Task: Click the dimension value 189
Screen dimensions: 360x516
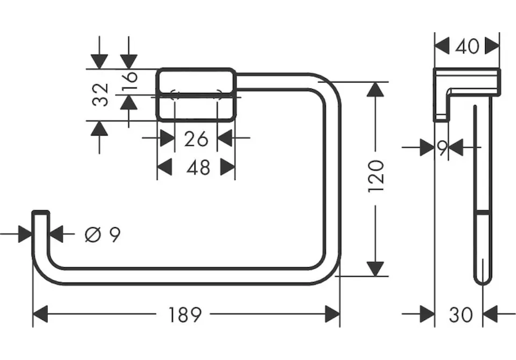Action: tap(185, 315)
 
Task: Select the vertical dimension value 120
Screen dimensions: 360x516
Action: tap(376, 175)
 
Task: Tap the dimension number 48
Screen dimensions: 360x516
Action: tap(198, 168)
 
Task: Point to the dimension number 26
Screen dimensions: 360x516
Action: tap(195, 138)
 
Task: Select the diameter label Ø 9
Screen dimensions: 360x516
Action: tap(103, 234)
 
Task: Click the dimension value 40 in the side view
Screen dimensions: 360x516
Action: tap(467, 46)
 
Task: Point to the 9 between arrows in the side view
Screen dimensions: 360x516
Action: tap(442, 148)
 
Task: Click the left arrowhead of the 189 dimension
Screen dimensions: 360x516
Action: tap(41, 315)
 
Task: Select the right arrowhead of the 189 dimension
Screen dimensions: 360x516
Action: tap(332, 315)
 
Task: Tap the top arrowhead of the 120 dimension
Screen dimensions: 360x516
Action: tap(376, 90)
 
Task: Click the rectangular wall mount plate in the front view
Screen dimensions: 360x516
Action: tap(197, 94)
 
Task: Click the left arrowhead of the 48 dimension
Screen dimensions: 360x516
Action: tap(165, 168)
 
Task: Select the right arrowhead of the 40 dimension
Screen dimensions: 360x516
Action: tap(492, 46)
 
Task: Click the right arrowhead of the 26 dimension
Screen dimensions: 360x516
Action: tap(225, 138)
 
